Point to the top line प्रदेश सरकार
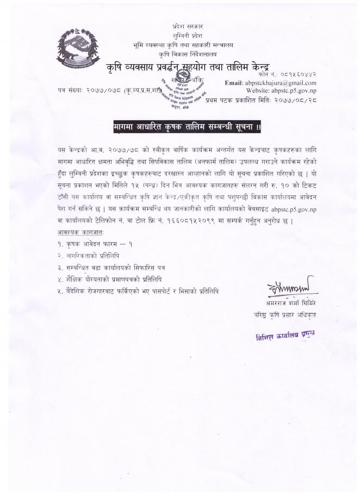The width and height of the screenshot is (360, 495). (x=180, y=26)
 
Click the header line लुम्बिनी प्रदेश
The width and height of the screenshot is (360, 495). (x=180, y=34)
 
